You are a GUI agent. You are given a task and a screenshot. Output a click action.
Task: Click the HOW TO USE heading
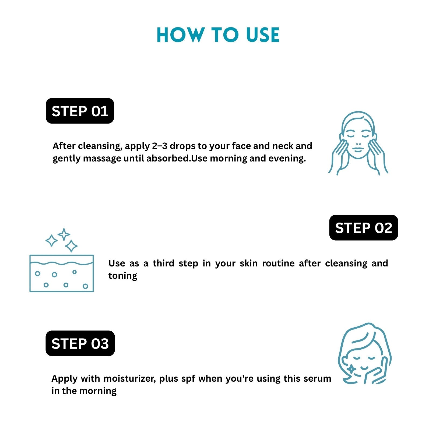218,35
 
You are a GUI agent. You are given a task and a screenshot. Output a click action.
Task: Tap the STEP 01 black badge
80,111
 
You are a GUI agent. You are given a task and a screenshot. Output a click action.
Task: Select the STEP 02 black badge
364,228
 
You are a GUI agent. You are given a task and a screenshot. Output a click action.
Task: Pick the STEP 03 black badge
80,343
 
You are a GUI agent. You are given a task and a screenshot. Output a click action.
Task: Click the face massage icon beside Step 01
358,143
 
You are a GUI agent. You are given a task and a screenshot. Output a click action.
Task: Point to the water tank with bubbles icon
62,273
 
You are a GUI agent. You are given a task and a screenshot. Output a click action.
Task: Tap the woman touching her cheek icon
365,353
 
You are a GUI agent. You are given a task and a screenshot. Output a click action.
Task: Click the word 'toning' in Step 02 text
123,276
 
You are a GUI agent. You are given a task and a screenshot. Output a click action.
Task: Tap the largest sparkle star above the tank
71,246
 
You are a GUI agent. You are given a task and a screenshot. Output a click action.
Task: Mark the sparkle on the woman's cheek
351,369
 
